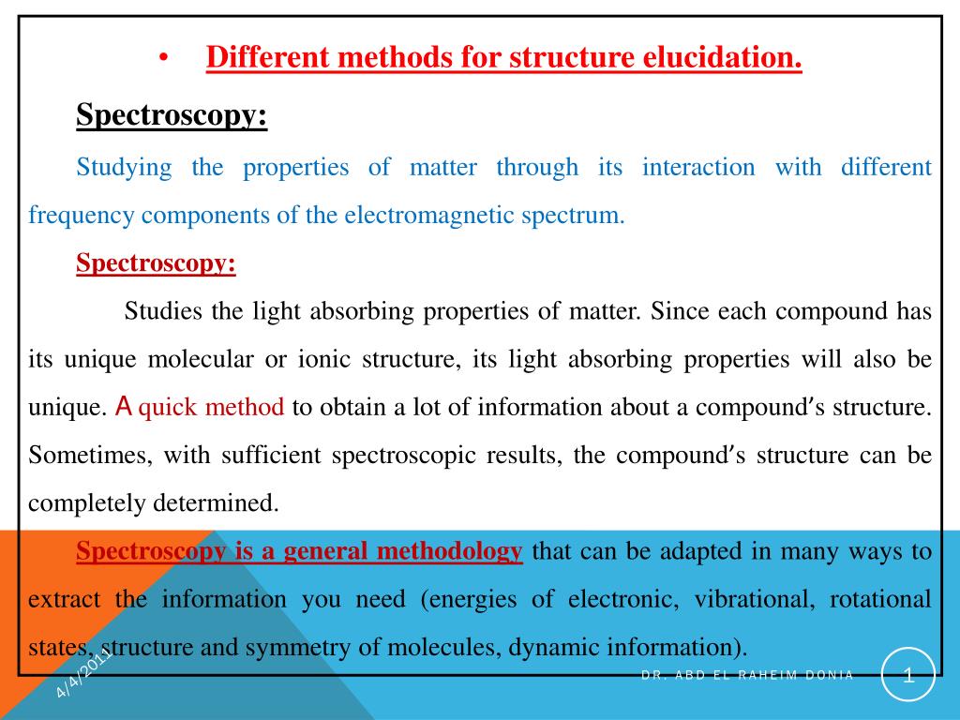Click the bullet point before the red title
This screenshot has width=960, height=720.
163,60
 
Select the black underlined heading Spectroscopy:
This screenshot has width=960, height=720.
171,116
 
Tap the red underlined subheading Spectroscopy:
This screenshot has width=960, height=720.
156,263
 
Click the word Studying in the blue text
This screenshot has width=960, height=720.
124,168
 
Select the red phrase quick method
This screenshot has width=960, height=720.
211,407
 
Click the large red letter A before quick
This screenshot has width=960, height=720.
124,407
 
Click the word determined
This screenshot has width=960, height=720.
221,503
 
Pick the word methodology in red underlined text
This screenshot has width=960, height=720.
448,551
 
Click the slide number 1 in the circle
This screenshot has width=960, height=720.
907,675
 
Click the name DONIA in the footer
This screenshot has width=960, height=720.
829,676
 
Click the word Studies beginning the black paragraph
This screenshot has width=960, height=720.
165,311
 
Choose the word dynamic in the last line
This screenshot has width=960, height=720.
552,648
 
